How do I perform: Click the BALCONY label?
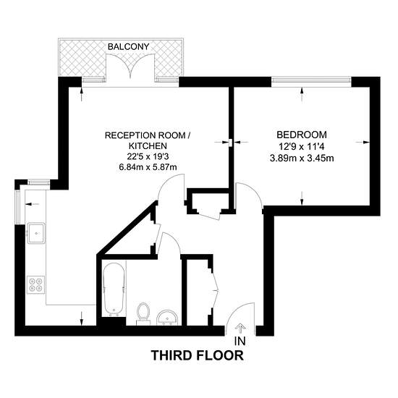[x=128, y=47]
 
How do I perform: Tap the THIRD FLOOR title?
[x=198, y=355]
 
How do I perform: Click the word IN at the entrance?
[x=240, y=341]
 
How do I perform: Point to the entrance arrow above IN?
[x=239, y=328]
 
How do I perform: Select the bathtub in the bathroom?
[x=114, y=289]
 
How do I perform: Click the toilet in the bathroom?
[x=143, y=314]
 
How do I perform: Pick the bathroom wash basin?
[x=167, y=318]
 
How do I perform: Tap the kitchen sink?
[x=36, y=233]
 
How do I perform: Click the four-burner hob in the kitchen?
[x=35, y=285]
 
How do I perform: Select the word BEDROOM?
[x=302, y=135]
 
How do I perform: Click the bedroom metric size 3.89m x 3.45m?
[x=302, y=158]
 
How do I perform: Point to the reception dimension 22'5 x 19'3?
[x=148, y=156]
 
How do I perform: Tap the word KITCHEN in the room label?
[x=148, y=146]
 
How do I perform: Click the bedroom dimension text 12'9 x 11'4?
[x=302, y=147]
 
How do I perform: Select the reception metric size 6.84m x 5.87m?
[x=148, y=167]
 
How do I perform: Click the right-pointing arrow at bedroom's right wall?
[x=363, y=143]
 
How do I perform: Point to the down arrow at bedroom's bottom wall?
[x=302, y=198]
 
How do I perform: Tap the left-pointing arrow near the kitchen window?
[x=33, y=204]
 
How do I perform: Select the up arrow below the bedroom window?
[x=302, y=94]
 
